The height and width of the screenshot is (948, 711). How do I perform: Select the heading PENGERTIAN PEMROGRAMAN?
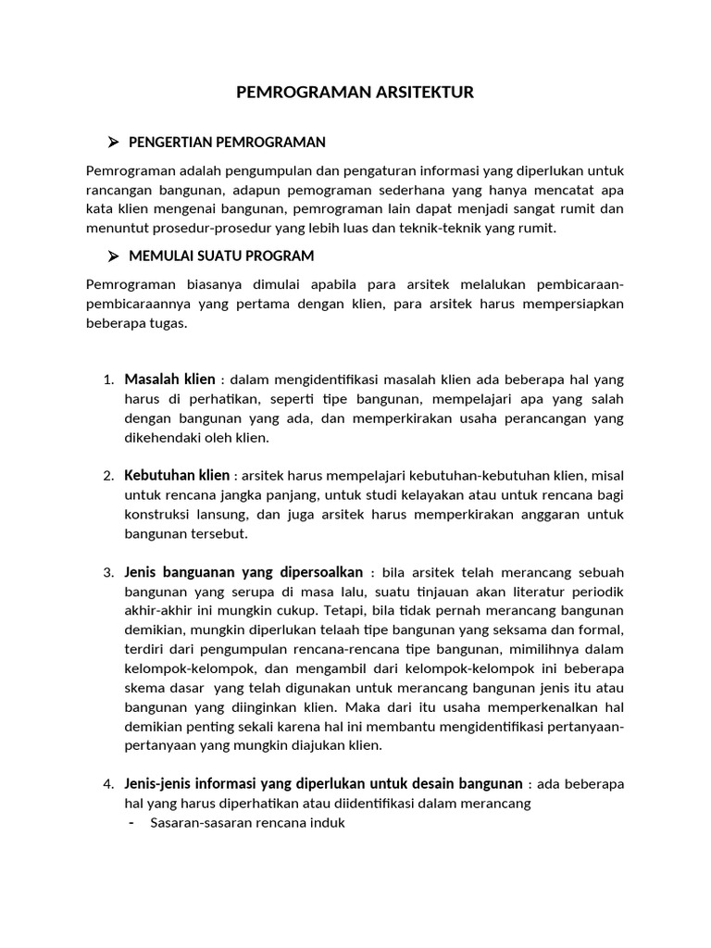click(227, 142)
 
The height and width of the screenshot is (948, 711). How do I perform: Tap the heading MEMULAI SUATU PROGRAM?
click(221, 255)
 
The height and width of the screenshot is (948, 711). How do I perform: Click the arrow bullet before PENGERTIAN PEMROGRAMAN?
click(113, 142)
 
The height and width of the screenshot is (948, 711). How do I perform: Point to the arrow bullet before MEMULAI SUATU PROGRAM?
click(113, 255)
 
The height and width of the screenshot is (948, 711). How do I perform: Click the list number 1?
click(107, 380)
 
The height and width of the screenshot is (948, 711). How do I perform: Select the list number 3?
click(107, 572)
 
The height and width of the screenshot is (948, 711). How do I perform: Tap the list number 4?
click(107, 784)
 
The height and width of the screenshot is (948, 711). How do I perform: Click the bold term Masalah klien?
click(169, 379)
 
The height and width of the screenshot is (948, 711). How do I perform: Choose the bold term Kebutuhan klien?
click(177, 475)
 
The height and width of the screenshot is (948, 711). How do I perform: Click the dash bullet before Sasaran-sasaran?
click(131, 823)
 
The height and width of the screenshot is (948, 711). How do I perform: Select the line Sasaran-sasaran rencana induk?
click(247, 823)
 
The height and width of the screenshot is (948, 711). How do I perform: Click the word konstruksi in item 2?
click(156, 515)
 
